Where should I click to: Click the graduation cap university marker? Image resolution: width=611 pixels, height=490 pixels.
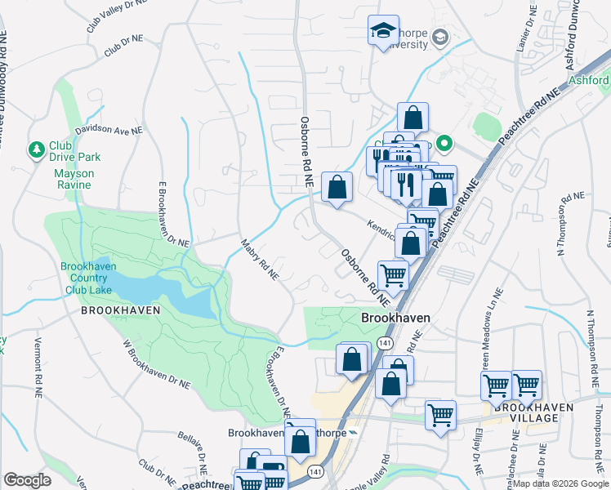383,31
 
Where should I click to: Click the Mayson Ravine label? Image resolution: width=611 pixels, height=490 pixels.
74,180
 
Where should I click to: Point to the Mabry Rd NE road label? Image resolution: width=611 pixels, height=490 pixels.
260,259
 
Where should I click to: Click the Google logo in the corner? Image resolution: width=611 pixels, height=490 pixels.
27,480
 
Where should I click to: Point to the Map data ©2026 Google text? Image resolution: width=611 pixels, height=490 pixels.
560,484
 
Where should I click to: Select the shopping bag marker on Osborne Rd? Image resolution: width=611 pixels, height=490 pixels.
337,189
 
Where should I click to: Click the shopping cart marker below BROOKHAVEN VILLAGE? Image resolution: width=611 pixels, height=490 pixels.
440,415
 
